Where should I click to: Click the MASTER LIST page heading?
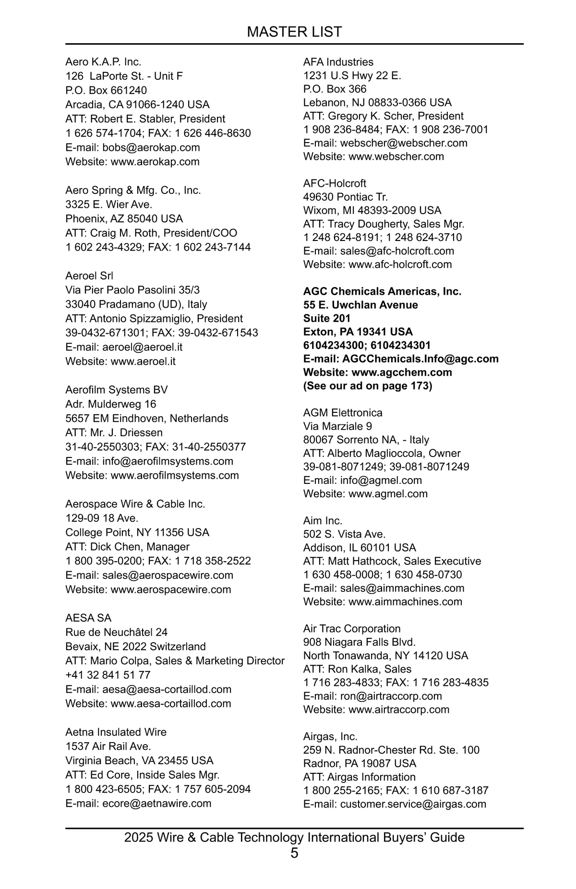pos(294,32)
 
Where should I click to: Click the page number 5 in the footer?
pos(294,853)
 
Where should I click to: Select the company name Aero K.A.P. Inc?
pos(103,62)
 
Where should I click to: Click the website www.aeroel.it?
pos(143,361)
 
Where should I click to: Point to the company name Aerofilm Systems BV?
pos(117,390)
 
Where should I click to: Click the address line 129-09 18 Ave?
pos(102,518)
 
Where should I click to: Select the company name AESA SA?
pos(88,618)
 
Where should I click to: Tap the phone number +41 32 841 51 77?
pos(108,675)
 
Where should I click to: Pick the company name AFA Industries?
pos(338,62)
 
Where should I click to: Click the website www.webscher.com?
pos(396,156)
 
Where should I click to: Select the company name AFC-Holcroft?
pos(335,183)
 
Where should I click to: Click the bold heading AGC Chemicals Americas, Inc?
pos(382,291)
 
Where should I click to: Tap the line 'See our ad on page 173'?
pos(368,386)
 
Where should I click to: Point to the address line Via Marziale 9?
pos(337,426)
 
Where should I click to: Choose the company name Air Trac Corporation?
pos(352,629)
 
